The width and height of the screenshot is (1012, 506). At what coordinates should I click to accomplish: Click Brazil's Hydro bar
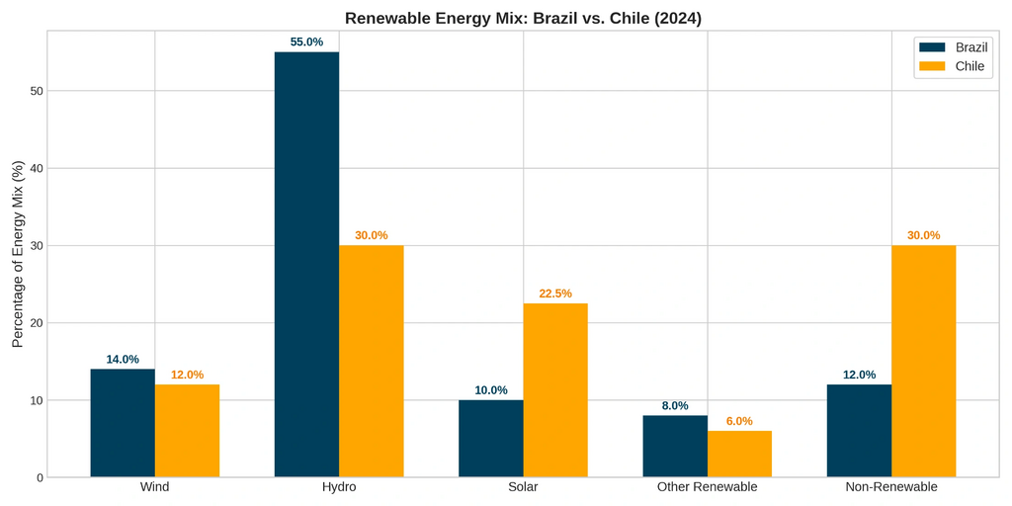pos(306,265)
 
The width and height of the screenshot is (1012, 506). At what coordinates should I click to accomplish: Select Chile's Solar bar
pos(555,390)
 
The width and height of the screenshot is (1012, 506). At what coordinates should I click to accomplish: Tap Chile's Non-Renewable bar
pos(923,362)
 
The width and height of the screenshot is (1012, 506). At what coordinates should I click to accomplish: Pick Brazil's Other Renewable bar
pos(675,447)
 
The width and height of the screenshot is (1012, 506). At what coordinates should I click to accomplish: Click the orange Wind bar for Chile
pos(187,431)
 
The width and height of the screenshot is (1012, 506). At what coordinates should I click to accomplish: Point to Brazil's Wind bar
pos(123,423)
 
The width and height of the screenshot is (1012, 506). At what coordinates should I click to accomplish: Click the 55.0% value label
pos(306,42)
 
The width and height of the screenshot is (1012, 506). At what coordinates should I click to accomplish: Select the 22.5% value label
pos(555,294)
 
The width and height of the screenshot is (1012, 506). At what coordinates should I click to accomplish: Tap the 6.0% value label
pos(739,421)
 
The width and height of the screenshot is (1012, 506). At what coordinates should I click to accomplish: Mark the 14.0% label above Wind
pos(123,360)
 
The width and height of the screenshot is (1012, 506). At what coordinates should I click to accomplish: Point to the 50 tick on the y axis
pos(36,91)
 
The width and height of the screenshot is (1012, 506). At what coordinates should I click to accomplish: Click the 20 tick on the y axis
pos(36,323)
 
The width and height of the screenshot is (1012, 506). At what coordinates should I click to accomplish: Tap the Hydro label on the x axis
pos(339,487)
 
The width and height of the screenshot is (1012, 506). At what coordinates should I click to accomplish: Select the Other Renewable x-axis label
pos(707,487)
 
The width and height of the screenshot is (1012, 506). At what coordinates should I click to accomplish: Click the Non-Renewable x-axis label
pos(891,487)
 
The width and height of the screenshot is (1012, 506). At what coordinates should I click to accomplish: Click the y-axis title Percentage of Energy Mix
pos(17,254)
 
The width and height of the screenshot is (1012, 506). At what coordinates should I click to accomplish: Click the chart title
pos(523,18)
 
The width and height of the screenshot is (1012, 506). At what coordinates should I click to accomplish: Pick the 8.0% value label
pos(675,406)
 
